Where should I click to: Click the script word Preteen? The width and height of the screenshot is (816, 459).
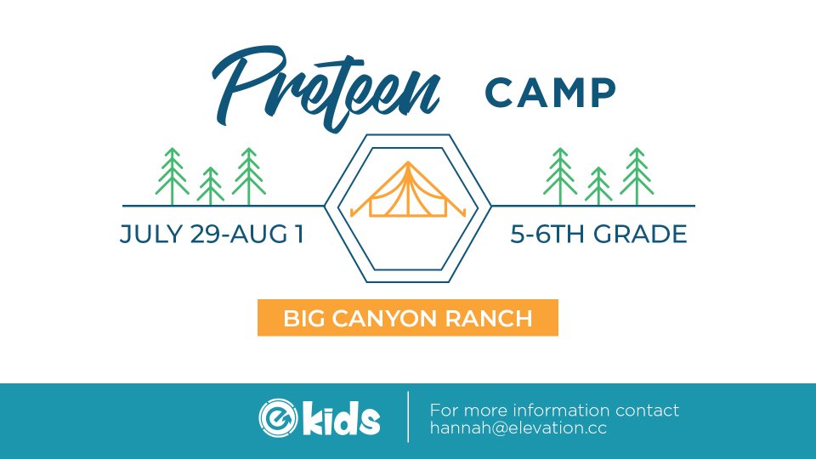(326, 88)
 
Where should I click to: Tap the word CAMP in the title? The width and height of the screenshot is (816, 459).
(551, 93)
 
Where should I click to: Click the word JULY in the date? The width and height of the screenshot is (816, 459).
(151, 234)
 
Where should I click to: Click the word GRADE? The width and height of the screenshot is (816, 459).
(640, 234)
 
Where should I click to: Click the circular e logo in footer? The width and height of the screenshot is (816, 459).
(279, 417)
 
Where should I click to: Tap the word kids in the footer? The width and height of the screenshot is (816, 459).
(342, 417)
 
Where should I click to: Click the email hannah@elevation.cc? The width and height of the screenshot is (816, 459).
(518, 428)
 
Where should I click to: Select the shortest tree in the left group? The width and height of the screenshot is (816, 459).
(210, 186)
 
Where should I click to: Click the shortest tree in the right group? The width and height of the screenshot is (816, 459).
(598, 186)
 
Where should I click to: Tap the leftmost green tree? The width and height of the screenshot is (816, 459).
(173, 177)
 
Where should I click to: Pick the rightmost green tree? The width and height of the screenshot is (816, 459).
(637, 177)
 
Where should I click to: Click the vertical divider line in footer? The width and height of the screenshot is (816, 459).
(409, 416)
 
